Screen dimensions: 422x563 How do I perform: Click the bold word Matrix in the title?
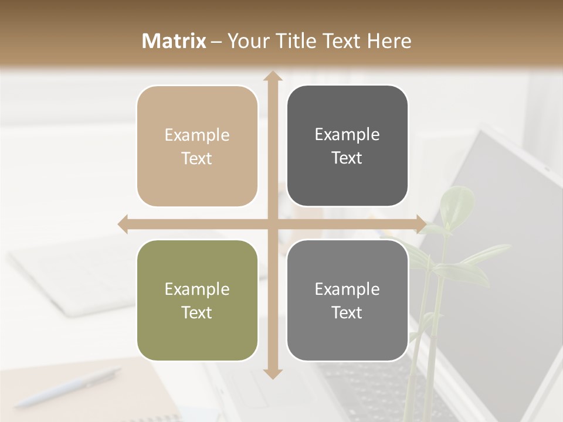point(174,41)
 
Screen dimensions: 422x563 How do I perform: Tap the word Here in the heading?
point(389,41)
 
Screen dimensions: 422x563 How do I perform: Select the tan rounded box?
point(197,147)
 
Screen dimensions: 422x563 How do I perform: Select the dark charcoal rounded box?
point(347,146)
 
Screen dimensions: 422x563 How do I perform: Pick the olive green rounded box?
point(197,301)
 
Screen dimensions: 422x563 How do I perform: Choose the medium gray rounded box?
point(347,301)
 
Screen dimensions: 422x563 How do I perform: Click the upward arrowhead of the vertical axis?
point(273,76)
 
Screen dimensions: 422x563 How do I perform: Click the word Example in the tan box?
point(197,135)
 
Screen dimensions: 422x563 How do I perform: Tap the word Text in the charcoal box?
point(347,158)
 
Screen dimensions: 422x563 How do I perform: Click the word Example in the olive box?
point(197,290)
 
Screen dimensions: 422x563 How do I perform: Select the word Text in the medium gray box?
point(347,313)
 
